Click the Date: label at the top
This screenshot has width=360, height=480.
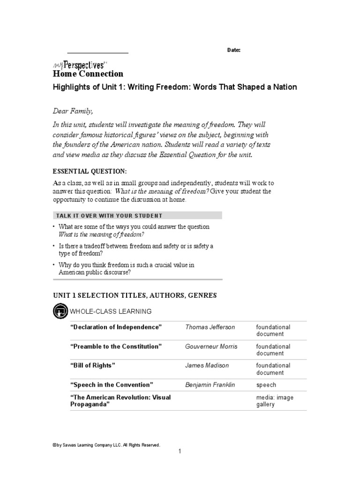(233, 50)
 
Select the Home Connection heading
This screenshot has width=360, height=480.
(88, 74)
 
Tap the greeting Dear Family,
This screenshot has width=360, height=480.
(73, 111)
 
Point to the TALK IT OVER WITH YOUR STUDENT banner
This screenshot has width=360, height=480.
(136, 216)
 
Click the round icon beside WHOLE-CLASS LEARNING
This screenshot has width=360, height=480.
(60, 311)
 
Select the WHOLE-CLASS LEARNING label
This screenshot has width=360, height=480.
(111, 311)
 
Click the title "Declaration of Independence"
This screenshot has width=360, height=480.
(116, 327)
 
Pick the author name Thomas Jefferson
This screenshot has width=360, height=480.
(210, 327)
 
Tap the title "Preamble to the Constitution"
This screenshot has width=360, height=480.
(116, 346)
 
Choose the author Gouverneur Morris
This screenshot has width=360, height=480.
(211, 346)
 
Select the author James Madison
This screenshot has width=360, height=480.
(207, 365)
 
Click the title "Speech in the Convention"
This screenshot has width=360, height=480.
(112, 385)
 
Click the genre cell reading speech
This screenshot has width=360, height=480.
(266, 385)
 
